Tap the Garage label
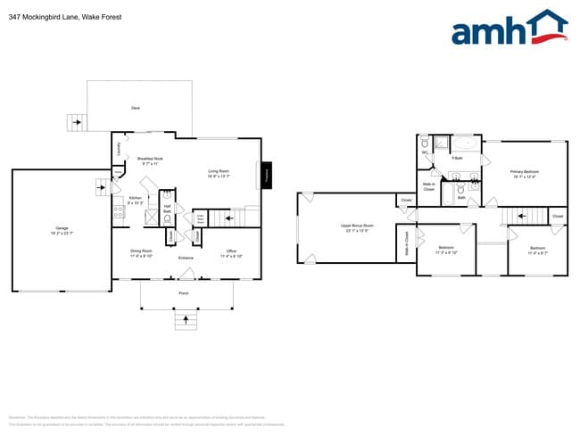pos(62,231)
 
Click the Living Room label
pos(219,172)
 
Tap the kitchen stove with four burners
pos(118,212)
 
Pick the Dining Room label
pos(141,252)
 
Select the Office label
pos(230,252)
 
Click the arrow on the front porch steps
pos(185,319)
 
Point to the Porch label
pos(184,292)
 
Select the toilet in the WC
pos(425,144)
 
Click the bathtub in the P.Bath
pos(464,143)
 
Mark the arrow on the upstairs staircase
pos(518,216)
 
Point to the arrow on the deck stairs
pos(75,124)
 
